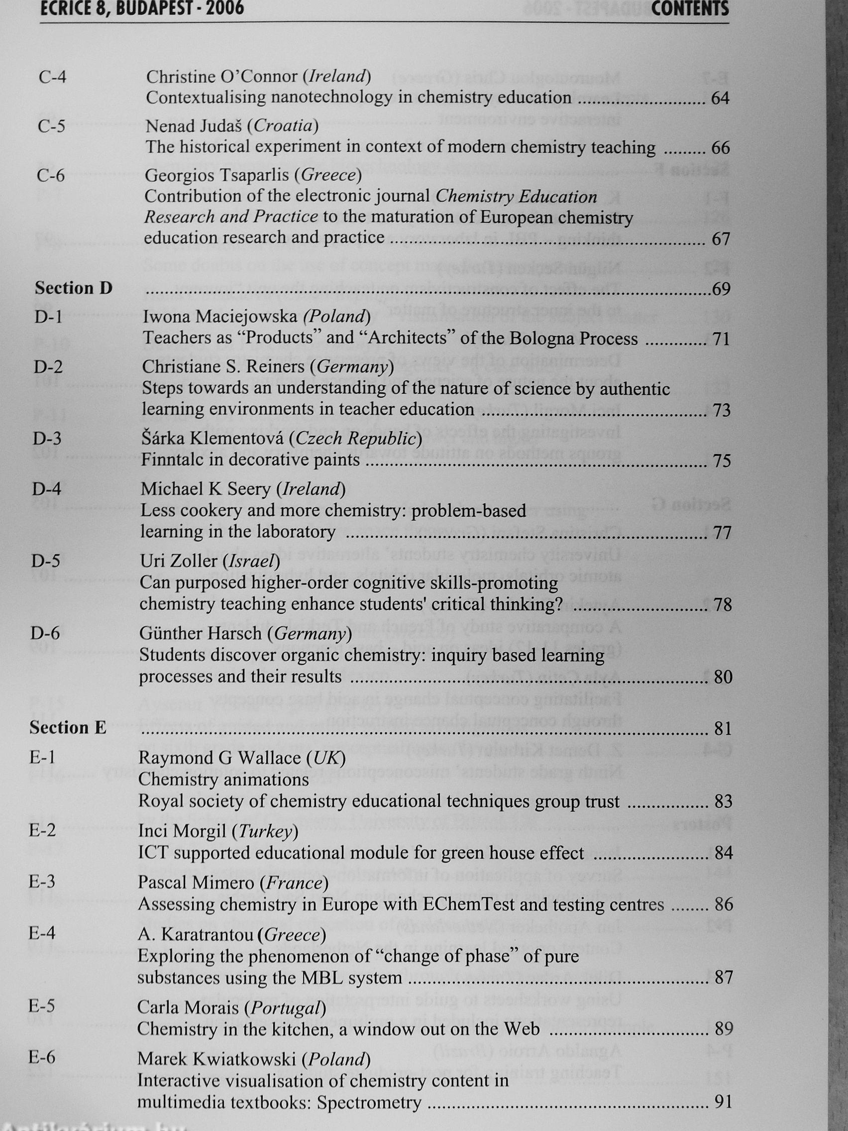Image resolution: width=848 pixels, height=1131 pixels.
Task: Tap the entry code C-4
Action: [52, 77]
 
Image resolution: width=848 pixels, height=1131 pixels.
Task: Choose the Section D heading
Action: [73, 288]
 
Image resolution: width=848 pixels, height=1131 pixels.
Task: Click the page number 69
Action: [721, 289]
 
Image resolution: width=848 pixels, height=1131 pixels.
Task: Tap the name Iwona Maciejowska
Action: [220, 317]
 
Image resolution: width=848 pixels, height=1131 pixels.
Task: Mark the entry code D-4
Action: [46, 489]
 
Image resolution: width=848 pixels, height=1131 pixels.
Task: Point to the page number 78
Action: [723, 605]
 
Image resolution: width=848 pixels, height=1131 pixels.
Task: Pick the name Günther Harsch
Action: [201, 634]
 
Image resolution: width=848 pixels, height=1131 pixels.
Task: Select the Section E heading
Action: [68, 728]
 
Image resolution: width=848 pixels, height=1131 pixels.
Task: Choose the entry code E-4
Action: [42, 933]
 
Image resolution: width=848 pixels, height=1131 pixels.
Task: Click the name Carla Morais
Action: [188, 1008]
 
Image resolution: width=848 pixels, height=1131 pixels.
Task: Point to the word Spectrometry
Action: [369, 1102]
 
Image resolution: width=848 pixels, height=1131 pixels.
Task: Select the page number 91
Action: [723, 1101]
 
